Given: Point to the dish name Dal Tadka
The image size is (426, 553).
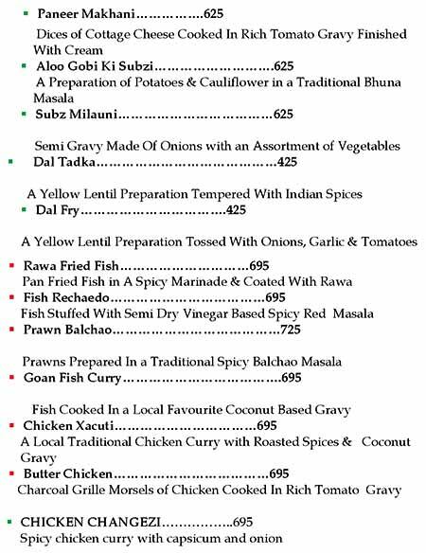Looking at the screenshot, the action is pyautogui.click(x=64, y=163).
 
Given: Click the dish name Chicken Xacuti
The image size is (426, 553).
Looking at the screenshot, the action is pyautogui.click(x=68, y=425).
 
